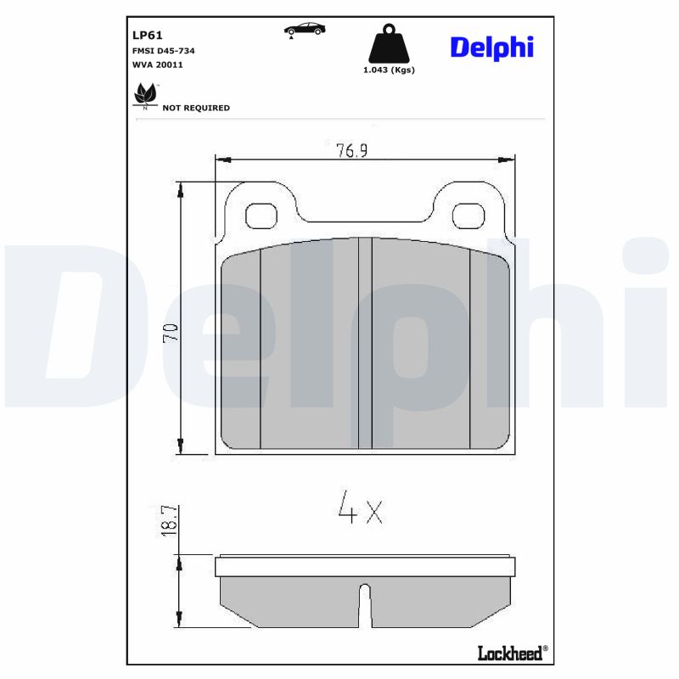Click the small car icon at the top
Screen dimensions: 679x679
coord(304,30)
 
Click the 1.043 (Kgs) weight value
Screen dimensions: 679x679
coord(388,70)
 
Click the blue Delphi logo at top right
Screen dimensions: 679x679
coord(491,48)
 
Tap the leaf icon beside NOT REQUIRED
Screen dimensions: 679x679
coord(145,95)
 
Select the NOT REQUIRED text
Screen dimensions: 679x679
coord(196,109)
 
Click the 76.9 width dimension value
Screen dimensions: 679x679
coord(356,150)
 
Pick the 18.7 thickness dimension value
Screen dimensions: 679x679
coord(169,519)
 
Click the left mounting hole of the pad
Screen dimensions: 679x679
coord(261,216)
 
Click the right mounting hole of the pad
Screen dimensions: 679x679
coord(468,216)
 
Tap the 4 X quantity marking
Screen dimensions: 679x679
coord(360,509)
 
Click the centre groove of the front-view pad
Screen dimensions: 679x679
coord(366,344)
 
